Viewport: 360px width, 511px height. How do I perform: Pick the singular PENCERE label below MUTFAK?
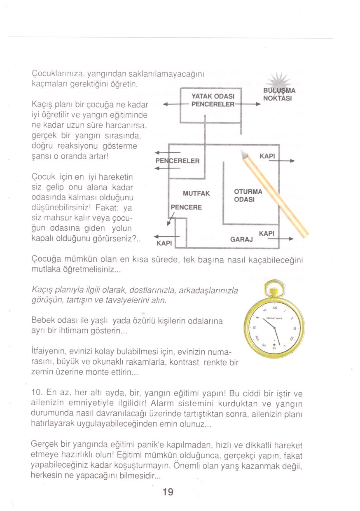coord(186,207)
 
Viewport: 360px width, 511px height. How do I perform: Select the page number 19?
coord(168,491)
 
